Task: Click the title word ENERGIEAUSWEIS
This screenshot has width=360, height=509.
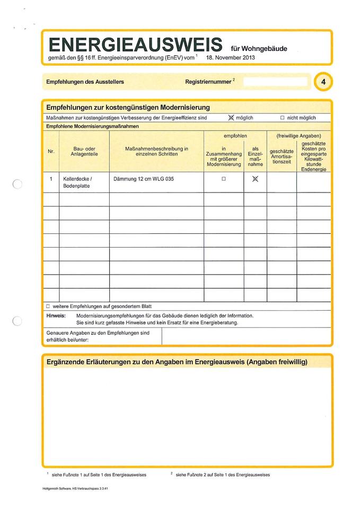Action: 136,44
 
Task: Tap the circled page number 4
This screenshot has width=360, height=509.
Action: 323,82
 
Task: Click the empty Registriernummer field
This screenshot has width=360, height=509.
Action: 275,82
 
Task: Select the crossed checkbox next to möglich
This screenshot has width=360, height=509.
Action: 231,118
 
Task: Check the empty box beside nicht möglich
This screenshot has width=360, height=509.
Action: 282,118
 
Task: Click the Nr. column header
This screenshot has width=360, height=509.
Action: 51,152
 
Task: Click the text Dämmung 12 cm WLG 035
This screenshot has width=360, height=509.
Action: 143,179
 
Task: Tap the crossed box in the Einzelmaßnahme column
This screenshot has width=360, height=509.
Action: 255,179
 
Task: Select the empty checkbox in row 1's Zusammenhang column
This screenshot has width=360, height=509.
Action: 224,179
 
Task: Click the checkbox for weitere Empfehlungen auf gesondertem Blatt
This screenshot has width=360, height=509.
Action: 48,306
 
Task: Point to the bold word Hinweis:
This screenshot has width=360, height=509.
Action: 56,315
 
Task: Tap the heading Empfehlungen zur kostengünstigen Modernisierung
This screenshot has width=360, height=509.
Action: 128,107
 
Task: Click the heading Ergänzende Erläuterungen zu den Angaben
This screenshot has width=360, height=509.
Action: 177,362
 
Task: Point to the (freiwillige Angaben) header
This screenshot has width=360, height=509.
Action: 298,136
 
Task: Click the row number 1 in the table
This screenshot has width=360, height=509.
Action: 51,179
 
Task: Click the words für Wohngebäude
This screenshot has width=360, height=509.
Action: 259,49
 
